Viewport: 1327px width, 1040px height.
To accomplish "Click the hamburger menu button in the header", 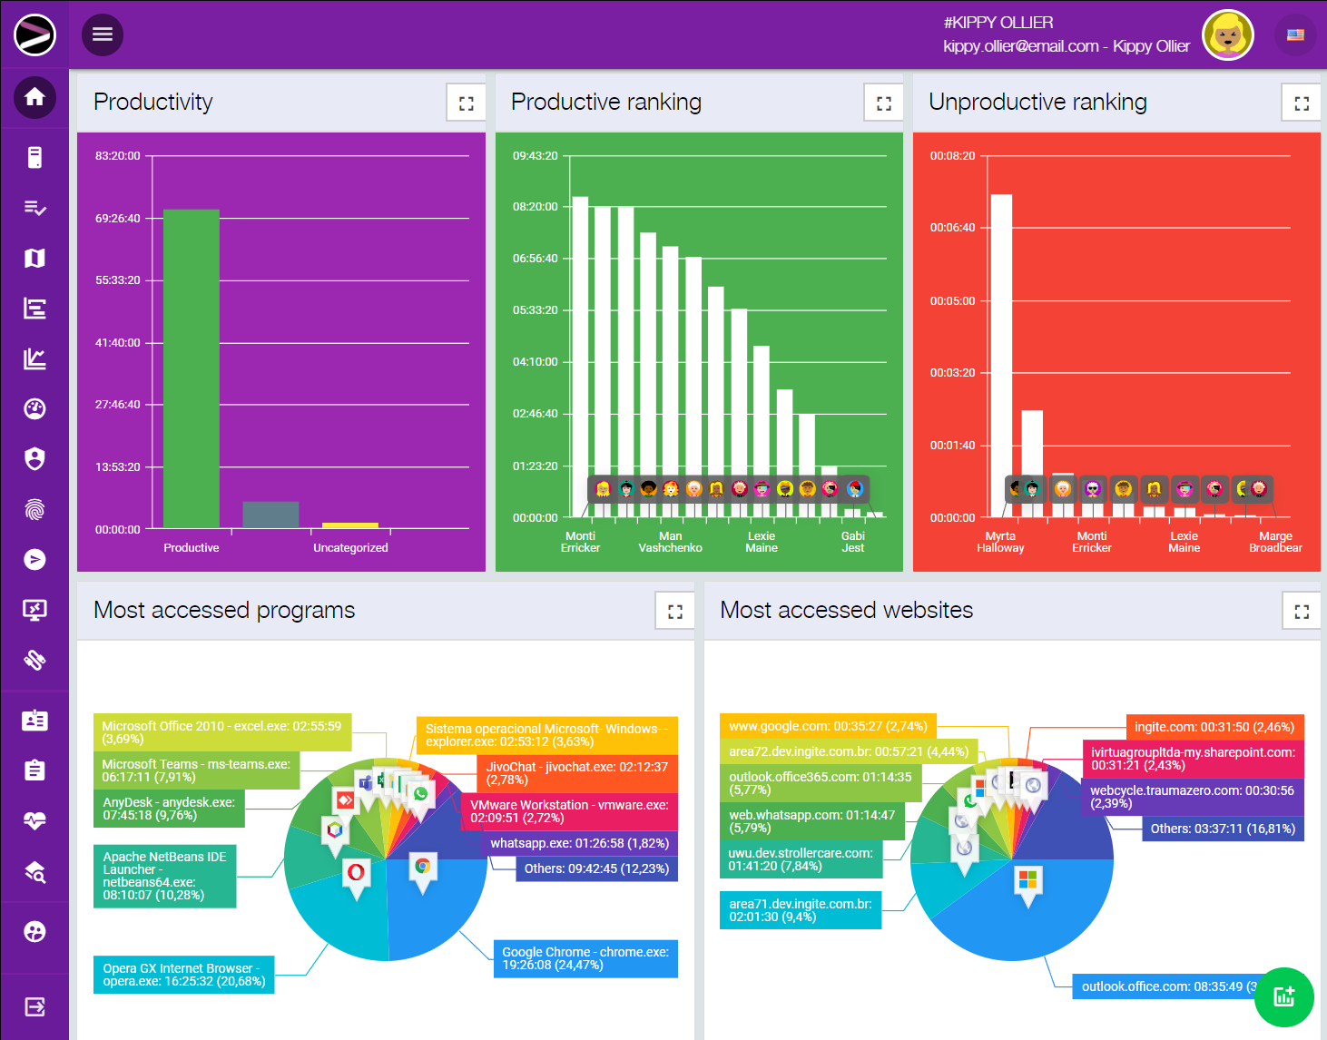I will tap(103, 34).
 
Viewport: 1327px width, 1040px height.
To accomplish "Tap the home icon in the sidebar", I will tap(34, 96).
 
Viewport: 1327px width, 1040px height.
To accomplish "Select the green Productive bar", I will tap(191, 368).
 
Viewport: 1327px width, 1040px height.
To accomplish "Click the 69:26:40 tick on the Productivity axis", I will tap(118, 219).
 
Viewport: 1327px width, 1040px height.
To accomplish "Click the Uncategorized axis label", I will tap(350, 548).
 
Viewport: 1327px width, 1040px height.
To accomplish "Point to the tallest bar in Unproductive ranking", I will tap(1001, 345).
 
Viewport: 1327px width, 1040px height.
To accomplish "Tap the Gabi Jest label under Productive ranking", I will tap(853, 542).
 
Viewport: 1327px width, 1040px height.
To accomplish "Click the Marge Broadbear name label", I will tap(1275, 542).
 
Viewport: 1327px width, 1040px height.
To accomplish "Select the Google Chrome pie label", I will tap(585, 958).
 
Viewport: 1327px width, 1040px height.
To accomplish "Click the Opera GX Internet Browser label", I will tap(184, 975).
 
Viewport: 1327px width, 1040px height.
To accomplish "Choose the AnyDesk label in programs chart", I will tap(169, 809).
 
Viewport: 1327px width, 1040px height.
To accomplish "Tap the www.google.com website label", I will tap(828, 726).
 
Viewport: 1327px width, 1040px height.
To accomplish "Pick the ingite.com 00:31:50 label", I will tap(1214, 727).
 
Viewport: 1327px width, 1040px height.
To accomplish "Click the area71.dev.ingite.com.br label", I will tap(801, 910).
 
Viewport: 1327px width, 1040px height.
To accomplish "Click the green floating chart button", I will tap(1283, 996).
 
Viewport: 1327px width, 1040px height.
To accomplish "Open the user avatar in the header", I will tap(1227, 35).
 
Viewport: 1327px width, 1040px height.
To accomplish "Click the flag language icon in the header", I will tap(1295, 35).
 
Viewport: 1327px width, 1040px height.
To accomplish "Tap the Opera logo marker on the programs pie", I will tap(356, 873).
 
